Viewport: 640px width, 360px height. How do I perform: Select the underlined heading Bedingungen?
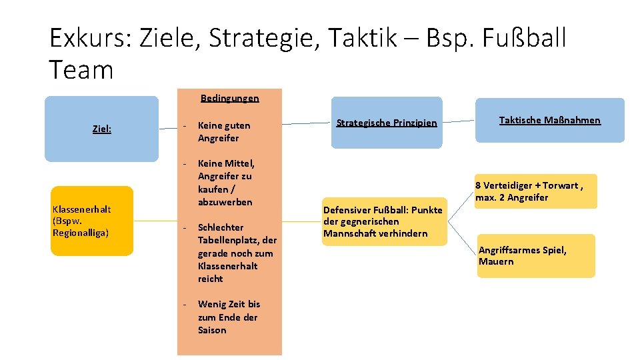[x=229, y=98]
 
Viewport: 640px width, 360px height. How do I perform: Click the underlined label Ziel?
[x=101, y=129]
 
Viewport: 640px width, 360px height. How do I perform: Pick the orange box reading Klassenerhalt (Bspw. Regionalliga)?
[x=92, y=221]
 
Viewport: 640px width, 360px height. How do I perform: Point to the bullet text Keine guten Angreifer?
[x=224, y=131]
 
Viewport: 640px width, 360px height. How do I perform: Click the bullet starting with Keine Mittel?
[x=226, y=182]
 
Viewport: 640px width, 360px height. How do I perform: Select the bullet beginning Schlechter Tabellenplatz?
[x=237, y=253]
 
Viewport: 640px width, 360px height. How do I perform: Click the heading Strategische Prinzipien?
[x=387, y=123]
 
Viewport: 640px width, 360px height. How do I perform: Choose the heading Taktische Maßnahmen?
[x=549, y=120]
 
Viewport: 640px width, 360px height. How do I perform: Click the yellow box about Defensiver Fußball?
[x=383, y=221]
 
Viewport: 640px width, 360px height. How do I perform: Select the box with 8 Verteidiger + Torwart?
[x=535, y=191]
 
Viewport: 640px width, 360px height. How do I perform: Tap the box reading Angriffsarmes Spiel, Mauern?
[x=535, y=256]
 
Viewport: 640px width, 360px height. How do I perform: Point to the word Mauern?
[x=496, y=261]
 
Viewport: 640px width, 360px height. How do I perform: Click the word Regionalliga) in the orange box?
[x=81, y=233]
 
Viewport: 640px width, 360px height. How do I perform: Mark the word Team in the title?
[x=81, y=69]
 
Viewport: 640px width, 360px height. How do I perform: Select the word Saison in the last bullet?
[x=212, y=330]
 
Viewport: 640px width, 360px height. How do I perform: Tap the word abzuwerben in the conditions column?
[x=225, y=201]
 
